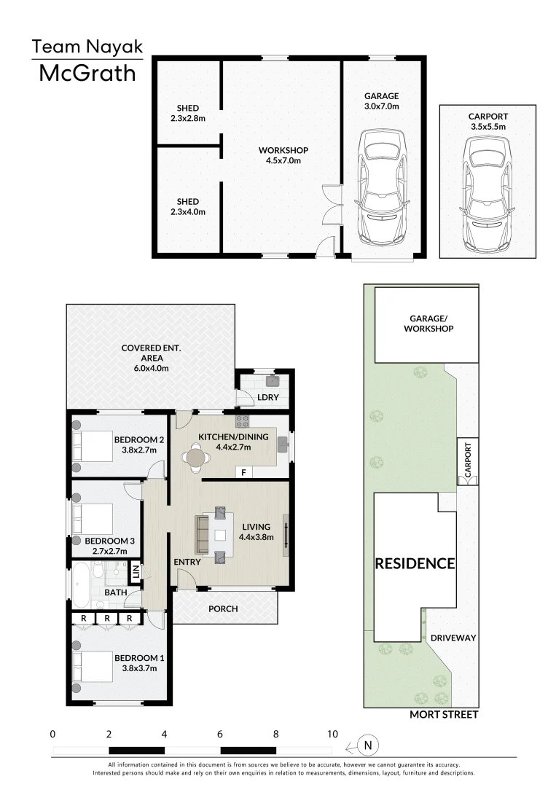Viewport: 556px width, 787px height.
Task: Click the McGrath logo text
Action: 87,74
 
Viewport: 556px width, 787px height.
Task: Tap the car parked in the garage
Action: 383,187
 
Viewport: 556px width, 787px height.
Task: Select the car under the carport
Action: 488,187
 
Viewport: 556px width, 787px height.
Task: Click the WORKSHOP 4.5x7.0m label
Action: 283,156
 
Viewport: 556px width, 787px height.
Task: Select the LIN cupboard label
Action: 136,571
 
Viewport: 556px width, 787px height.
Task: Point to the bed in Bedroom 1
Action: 94,667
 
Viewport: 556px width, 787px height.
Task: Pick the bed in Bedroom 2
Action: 94,444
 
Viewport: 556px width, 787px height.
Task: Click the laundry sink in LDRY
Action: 273,381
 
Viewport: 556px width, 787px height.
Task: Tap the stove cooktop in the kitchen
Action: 242,420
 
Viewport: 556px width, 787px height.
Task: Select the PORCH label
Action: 223,609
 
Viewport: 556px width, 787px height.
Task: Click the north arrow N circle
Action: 369,745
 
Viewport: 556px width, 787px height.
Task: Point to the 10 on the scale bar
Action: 332,734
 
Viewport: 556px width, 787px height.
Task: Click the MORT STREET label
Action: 443,715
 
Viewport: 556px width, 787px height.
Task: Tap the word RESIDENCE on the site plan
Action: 415,563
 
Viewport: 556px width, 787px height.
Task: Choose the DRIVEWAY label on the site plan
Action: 453,638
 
